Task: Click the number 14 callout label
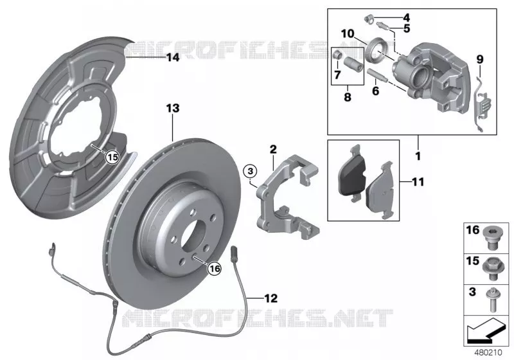(x=173, y=58)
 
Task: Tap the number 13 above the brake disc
(x=173, y=108)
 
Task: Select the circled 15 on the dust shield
(x=112, y=157)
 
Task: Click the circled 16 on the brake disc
(x=215, y=269)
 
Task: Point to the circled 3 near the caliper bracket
(x=251, y=171)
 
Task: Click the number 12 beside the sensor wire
(x=270, y=298)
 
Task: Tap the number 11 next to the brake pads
(x=418, y=182)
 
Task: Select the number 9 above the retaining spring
(x=479, y=60)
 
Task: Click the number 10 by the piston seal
(x=348, y=33)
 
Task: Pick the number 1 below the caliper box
(x=418, y=156)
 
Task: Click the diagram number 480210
(x=488, y=353)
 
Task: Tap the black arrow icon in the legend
(x=484, y=330)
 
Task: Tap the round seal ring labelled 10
(x=378, y=50)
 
